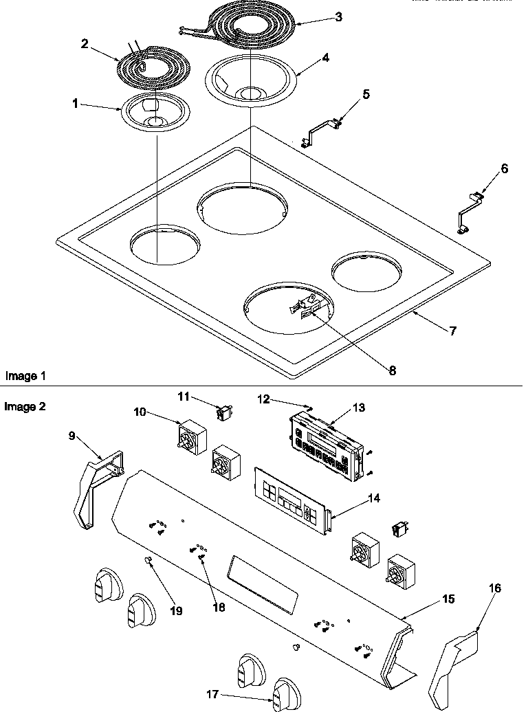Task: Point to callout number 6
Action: (x=505, y=169)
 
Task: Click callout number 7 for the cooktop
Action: (x=452, y=331)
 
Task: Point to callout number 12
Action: (x=264, y=398)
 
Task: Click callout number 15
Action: (x=447, y=599)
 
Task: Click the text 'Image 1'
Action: (x=26, y=376)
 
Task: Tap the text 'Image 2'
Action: (x=26, y=406)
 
